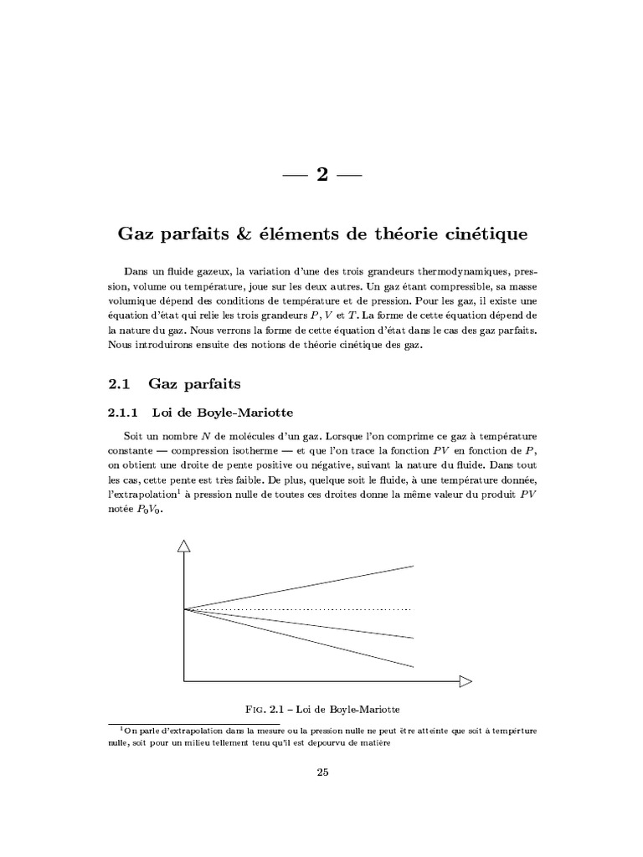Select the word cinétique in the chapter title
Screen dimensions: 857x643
click(x=489, y=234)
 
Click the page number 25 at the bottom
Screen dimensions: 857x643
click(x=321, y=772)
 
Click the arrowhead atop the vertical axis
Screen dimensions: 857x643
click(x=184, y=546)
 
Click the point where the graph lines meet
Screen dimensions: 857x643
click(x=185, y=608)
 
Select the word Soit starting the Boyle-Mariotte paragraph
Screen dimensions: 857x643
click(x=136, y=438)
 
